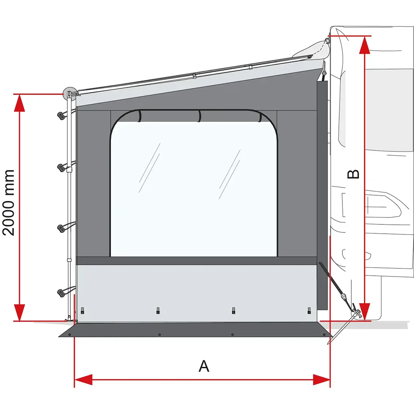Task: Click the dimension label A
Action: (x=204, y=365)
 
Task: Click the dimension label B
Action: (x=353, y=174)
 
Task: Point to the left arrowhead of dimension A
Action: (x=83, y=380)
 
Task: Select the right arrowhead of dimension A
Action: (x=321, y=380)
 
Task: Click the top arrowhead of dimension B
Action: (x=365, y=45)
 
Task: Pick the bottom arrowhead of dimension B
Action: (x=365, y=312)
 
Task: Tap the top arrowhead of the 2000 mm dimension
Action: (x=19, y=103)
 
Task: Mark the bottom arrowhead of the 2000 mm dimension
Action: (x=19, y=313)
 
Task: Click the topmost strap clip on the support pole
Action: (x=61, y=115)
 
